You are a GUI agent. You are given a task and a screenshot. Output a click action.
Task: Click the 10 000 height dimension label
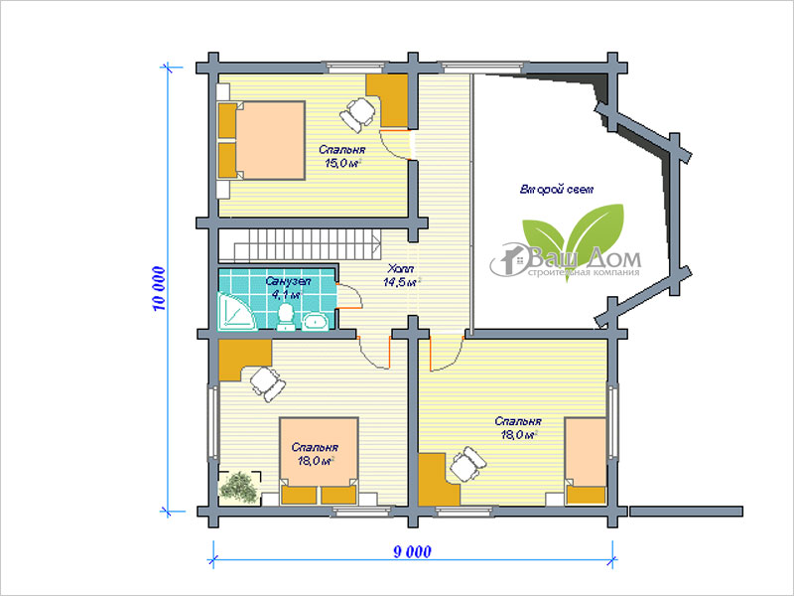coord(159,288)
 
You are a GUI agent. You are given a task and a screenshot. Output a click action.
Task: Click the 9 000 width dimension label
coord(413,551)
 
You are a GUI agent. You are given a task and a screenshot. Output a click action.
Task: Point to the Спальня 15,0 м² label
coord(342,156)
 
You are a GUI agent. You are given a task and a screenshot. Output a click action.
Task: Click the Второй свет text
coord(557,190)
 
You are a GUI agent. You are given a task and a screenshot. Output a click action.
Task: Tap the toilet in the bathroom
coord(286,318)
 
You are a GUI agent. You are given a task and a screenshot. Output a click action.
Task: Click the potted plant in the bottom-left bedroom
coord(239,488)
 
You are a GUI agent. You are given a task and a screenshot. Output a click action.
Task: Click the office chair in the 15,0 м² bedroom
coord(358,115)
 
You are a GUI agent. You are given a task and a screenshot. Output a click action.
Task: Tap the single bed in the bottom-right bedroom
coord(586,461)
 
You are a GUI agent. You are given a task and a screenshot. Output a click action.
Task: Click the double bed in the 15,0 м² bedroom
coord(261,140)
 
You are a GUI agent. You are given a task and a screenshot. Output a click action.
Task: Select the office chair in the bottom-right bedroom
coord(467,464)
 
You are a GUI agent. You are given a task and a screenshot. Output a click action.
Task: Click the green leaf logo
coord(574,238)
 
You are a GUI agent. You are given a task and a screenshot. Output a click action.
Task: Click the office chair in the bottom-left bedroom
coord(267,383)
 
